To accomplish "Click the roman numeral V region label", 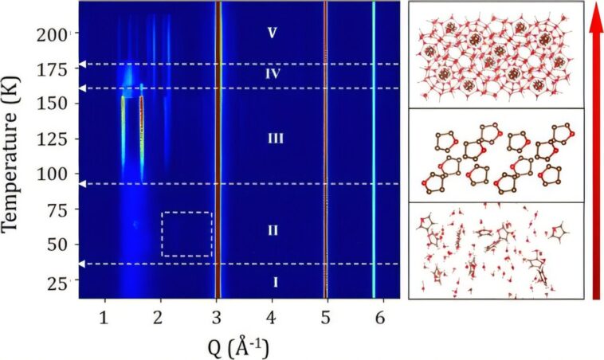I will point(272,33).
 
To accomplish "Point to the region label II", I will point(272,231).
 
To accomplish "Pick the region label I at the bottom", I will point(275,281).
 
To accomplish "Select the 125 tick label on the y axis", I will point(60,139).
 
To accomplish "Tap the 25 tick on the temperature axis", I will point(63,279).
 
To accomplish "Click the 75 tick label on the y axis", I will point(63,209).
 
